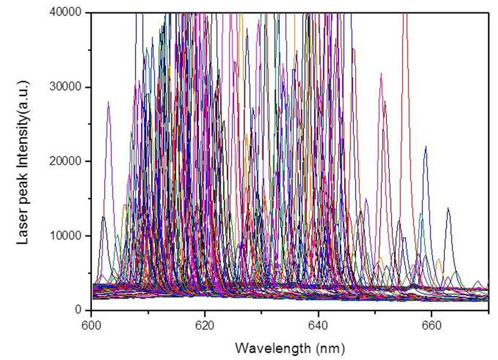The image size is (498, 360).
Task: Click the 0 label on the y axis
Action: [x=78, y=309]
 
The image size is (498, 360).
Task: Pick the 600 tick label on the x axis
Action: [x=91, y=326]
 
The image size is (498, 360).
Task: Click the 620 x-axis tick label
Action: [x=205, y=326]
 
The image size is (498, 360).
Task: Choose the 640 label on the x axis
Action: [x=318, y=326]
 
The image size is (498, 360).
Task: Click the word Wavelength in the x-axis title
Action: [x=273, y=348]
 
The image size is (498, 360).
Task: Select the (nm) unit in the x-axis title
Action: [x=331, y=349]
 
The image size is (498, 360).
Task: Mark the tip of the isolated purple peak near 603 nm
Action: [x=108, y=101]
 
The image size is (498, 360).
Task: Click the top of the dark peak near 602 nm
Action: [x=103, y=217]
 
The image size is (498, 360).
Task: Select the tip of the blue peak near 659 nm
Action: [x=426, y=147]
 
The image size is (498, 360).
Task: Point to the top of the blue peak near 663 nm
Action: [x=448, y=208]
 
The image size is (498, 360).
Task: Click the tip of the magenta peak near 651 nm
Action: [x=381, y=74]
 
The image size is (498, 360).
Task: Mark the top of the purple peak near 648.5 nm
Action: [x=366, y=198]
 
